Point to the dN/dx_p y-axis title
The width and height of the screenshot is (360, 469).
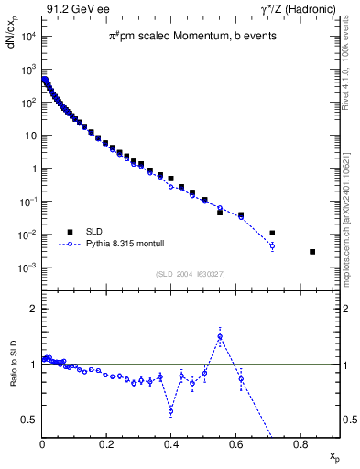tap(15, 44)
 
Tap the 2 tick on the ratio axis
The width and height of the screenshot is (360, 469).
tap(33, 309)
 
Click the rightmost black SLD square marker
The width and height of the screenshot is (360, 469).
tap(312, 252)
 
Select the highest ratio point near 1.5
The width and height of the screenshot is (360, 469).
tap(220, 336)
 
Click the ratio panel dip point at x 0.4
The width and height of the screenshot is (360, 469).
tap(171, 410)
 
